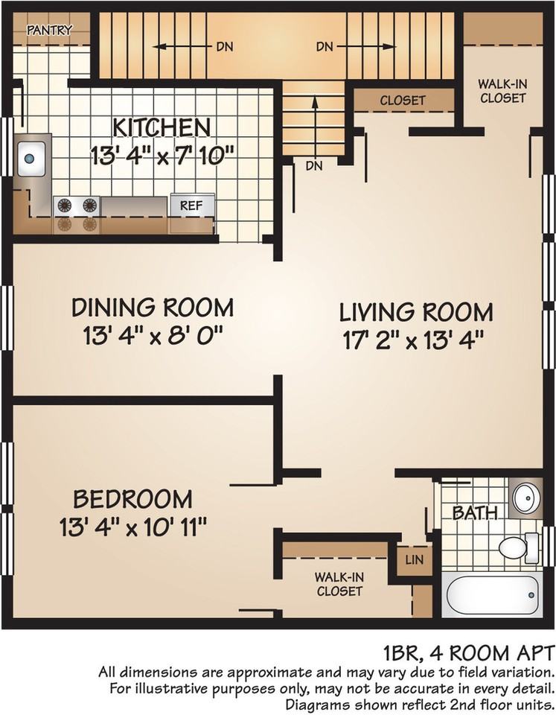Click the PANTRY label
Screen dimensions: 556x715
click(x=49, y=30)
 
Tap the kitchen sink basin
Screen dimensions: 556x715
click(x=31, y=159)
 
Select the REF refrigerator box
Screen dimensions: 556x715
click(x=192, y=206)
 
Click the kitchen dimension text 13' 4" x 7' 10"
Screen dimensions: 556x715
click(x=163, y=156)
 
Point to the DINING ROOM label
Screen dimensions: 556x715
click(x=153, y=308)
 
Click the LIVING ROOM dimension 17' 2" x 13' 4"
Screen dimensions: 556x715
click(x=412, y=340)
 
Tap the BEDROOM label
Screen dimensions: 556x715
click(x=132, y=499)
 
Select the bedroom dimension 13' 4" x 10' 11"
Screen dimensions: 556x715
click(x=133, y=528)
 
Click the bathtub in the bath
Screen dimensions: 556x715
click(x=492, y=596)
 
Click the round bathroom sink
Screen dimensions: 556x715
click(x=526, y=498)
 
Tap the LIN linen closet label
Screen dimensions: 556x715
click(x=414, y=559)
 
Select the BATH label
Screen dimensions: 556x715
click(x=474, y=512)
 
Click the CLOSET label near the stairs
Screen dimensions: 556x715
click(x=403, y=100)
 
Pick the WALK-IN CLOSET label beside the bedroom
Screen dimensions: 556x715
click(x=339, y=584)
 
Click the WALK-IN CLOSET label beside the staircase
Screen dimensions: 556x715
click(x=502, y=91)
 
